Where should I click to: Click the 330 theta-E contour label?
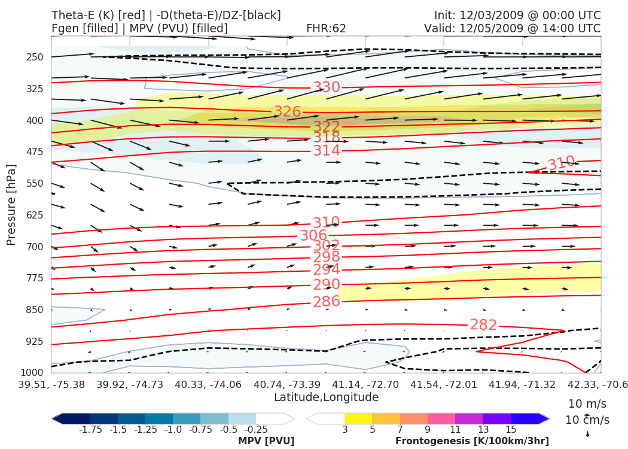pyautogui.click(x=327, y=87)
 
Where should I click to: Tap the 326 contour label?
pyautogui.click(x=287, y=112)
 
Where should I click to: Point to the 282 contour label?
pyautogui.click(x=483, y=325)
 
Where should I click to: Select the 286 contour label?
pyautogui.click(x=327, y=301)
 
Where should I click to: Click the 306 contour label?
pyautogui.click(x=313, y=236)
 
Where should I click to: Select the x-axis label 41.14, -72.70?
pyautogui.click(x=364, y=384)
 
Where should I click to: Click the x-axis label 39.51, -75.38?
pyautogui.click(x=51, y=384)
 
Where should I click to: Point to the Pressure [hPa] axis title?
pyautogui.click(x=11, y=205)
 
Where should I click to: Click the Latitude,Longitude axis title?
pyautogui.click(x=326, y=398)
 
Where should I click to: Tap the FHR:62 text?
pyautogui.click(x=326, y=29)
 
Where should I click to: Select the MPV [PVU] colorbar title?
pyautogui.click(x=266, y=441)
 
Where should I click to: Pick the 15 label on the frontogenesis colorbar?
pyautogui.click(x=511, y=430)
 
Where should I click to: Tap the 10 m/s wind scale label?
pyautogui.click(x=587, y=404)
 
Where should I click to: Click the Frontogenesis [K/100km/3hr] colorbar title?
pyautogui.click(x=472, y=441)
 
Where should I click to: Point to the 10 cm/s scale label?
pyautogui.click(x=587, y=420)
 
